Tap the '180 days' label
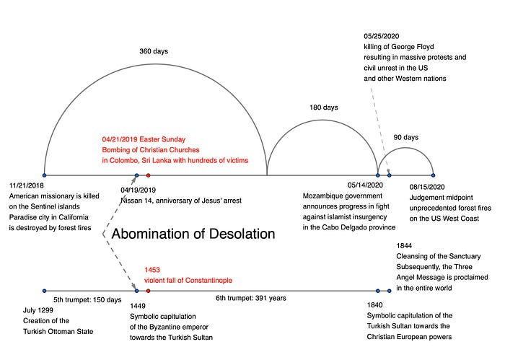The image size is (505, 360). click(323, 107)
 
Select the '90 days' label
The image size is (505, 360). click(405, 137)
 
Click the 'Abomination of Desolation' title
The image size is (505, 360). click(193, 234)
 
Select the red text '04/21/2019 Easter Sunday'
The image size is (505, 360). click(144, 139)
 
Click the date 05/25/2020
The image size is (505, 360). click(382, 36)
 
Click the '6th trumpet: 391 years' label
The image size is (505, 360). click(252, 297)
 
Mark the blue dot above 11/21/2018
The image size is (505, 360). click(45, 175)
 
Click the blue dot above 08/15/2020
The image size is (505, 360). click(433, 175)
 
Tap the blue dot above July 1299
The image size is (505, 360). click(45, 291)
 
